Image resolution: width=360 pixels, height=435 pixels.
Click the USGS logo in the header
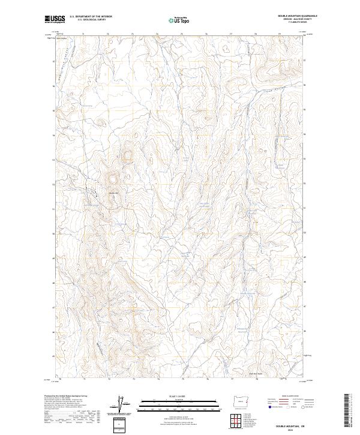click(55, 20)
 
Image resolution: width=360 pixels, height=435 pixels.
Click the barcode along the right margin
click(346, 411)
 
